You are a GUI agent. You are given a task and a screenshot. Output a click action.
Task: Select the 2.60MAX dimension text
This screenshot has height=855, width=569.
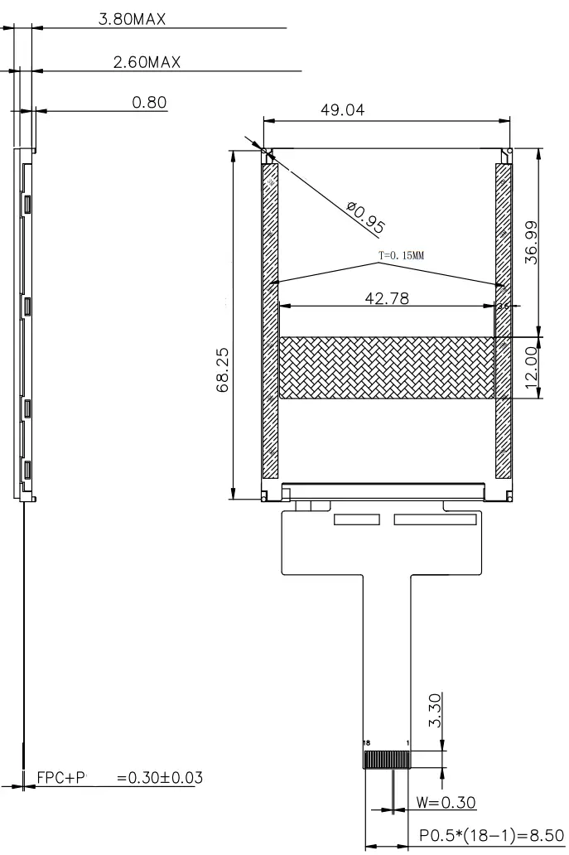(x=147, y=61)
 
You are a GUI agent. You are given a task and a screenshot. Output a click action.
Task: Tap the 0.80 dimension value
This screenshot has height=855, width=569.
(x=150, y=103)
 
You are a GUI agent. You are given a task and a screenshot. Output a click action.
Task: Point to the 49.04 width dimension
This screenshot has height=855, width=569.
(x=342, y=110)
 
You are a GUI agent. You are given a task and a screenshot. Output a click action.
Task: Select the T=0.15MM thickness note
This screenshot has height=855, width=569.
(x=401, y=256)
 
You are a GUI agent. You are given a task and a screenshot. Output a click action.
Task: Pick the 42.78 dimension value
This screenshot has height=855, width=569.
(x=387, y=298)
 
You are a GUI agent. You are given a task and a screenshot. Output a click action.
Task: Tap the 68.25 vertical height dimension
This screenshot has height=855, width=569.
(x=224, y=370)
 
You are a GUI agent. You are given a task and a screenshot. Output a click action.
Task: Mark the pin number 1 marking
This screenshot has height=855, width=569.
(x=407, y=742)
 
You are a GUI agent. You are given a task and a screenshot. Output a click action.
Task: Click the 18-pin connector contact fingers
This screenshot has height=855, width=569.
(x=387, y=759)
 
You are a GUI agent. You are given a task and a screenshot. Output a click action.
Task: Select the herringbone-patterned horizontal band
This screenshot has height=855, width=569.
(x=387, y=368)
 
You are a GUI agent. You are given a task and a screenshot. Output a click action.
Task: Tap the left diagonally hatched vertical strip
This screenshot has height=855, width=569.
(x=270, y=321)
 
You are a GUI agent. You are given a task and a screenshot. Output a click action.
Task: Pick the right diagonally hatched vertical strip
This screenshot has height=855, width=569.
(x=503, y=321)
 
